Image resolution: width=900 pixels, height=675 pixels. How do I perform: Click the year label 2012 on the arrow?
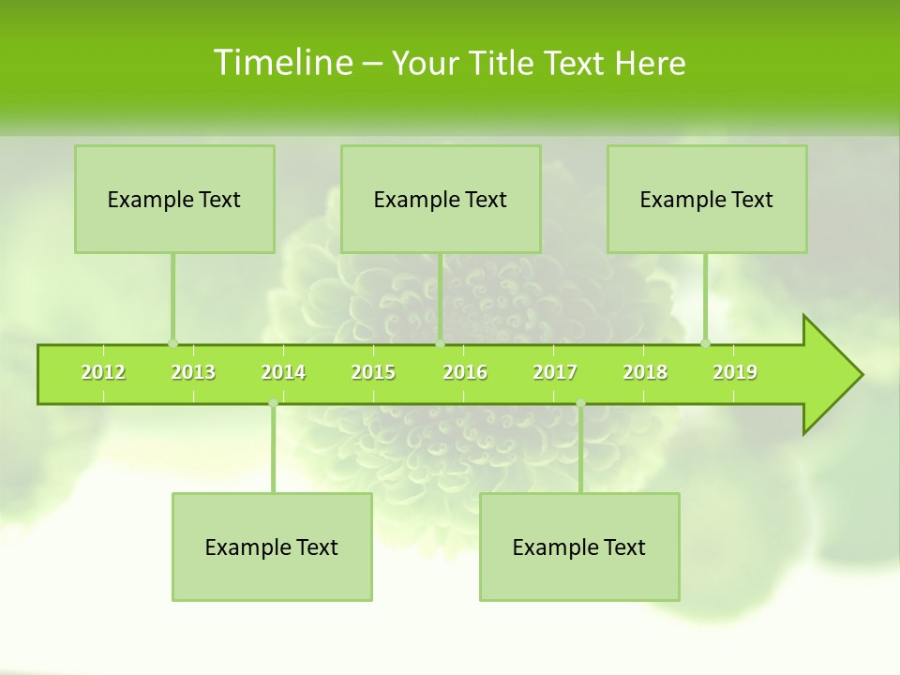pyautogui.click(x=103, y=372)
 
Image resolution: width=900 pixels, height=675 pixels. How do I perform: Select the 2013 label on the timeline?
pyautogui.click(x=193, y=372)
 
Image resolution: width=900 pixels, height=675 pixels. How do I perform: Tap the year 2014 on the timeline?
pyautogui.click(x=283, y=372)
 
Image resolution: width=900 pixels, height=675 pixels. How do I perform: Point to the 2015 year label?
pyautogui.click(x=373, y=372)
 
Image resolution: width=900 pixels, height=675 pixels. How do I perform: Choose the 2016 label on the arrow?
pyautogui.click(x=465, y=372)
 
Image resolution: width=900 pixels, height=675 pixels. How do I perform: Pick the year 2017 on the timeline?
pyautogui.click(x=555, y=372)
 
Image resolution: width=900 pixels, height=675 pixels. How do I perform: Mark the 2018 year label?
pyautogui.click(x=645, y=372)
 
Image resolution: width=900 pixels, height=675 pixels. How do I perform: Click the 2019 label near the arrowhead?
pyautogui.click(x=735, y=372)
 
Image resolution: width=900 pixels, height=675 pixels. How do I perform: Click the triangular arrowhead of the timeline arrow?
pyautogui.click(x=830, y=375)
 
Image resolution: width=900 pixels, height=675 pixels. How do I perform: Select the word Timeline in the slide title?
pyautogui.click(x=282, y=63)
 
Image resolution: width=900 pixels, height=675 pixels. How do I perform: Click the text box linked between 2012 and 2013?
pyautogui.click(x=174, y=199)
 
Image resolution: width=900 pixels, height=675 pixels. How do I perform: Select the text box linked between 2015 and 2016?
pyautogui.click(x=441, y=199)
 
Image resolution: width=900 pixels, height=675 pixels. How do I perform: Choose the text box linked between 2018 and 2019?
pyautogui.click(x=707, y=199)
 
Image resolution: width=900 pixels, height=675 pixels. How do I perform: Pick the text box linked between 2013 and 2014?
pyautogui.click(x=272, y=547)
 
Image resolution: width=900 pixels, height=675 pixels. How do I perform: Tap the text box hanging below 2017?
pyautogui.click(x=579, y=547)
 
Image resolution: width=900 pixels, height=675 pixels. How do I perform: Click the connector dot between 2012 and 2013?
pyautogui.click(x=172, y=344)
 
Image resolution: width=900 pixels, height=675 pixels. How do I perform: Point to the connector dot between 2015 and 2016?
pyautogui.click(x=440, y=344)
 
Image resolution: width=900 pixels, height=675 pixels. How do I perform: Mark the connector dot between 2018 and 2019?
pyautogui.click(x=706, y=344)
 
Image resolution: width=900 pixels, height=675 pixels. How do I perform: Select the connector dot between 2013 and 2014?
pyautogui.click(x=273, y=403)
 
